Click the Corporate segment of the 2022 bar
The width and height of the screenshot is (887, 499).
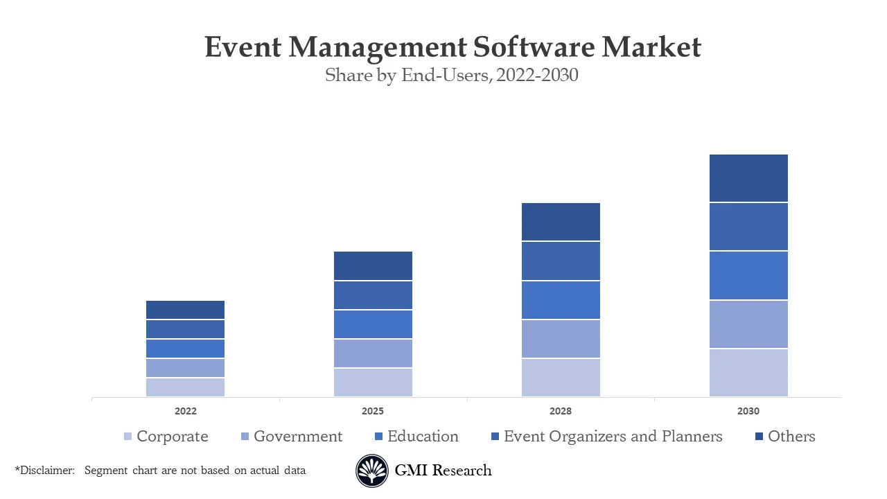[185, 387]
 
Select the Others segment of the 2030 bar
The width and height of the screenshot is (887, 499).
[748, 178]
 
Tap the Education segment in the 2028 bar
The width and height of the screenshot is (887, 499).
[561, 300]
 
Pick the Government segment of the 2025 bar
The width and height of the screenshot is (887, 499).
[373, 353]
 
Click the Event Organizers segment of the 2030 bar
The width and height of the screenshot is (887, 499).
[748, 227]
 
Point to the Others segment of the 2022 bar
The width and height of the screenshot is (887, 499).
[185, 310]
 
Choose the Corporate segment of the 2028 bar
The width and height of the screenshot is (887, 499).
[561, 378]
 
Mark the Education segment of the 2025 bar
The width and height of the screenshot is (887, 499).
[373, 324]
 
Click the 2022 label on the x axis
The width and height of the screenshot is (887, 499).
[185, 411]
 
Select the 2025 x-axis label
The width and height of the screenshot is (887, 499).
[373, 411]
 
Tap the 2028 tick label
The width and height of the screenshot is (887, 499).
[561, 411]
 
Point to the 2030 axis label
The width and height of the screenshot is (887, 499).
[748, 411]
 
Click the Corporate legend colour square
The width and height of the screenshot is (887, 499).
[128, 437]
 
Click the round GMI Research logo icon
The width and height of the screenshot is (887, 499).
[372, 471]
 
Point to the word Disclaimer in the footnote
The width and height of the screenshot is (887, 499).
[46, 471]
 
